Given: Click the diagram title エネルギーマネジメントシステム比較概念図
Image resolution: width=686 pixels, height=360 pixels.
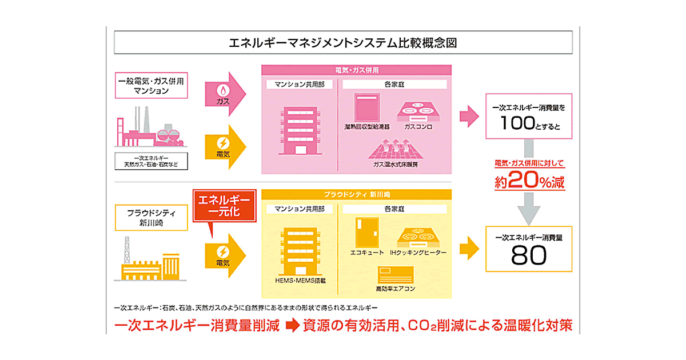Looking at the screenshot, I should pyautogui.click(x=342, y=43).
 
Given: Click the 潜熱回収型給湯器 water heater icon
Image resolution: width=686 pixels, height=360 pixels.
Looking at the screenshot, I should pyautogui.click(x=368, y=107).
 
